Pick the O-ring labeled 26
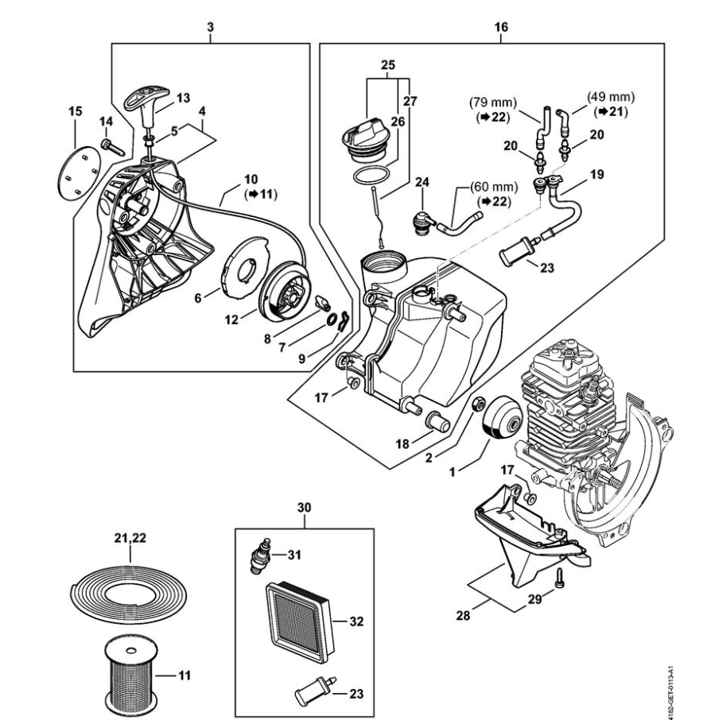point(371,176)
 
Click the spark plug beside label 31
point(261,555)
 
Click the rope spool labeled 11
point(131,674)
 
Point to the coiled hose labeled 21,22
point(130,592)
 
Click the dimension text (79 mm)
point(493,103)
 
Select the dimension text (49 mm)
point(611,97)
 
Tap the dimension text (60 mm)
point(494,188)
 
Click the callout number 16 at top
point(501,27)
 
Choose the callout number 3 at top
point(211,27)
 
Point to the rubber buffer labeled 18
point(438,421)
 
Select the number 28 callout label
point(463,615)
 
